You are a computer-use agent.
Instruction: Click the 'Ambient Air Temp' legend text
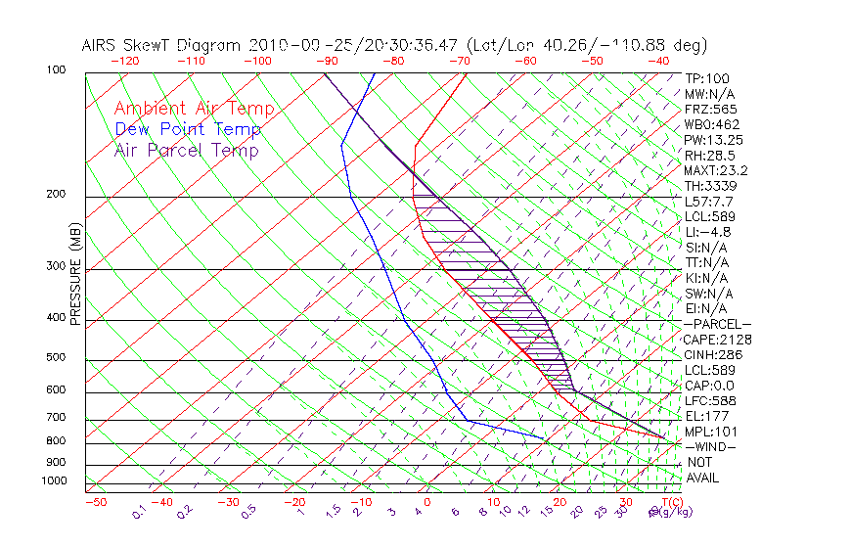(x=194, y=109)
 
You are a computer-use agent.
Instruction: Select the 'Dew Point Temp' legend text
(x=187, y=129)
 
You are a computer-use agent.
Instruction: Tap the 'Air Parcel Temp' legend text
(x=186, y=150)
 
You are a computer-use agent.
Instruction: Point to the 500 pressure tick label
(x=56, y=358)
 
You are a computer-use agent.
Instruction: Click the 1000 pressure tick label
(x=53, y=481)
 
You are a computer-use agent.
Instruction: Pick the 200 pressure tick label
(x=56, y=195)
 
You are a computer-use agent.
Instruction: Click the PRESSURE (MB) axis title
(x=76, y=279)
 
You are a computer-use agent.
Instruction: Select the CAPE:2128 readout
(x=717, y=340)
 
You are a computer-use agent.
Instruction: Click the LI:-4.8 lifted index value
(x=707, y=232)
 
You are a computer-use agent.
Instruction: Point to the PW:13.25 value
(x=710, y=140)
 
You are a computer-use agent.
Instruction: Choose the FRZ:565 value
(x=710, y=109)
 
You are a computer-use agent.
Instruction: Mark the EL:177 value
(x=706, y=416)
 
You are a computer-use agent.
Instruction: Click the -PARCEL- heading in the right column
(x=717, y=324)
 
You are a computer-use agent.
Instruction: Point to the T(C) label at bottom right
(x=672, y=502)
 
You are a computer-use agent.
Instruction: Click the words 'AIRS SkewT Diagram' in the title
(x=162, y=45)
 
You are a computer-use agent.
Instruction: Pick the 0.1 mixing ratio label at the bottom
(x=140, y=511)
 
